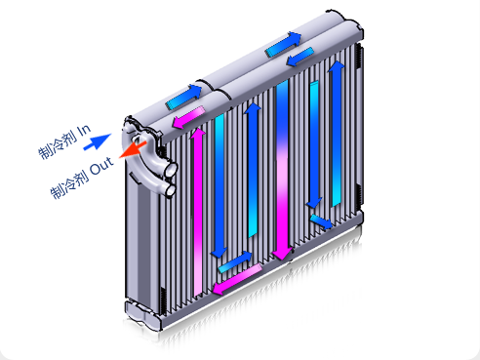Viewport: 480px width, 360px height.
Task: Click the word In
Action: (84, 131)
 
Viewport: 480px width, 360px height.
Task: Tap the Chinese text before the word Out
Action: (69, 184)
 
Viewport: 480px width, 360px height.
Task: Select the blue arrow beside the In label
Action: (97, 141)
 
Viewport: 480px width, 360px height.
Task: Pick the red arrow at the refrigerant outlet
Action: (133, 149)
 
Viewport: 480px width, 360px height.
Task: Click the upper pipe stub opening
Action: (171, 170)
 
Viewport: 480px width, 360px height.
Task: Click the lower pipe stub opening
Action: (171, 190)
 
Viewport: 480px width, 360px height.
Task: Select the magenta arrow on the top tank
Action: (188, 117)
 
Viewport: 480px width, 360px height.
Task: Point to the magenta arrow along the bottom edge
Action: (237, 279)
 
